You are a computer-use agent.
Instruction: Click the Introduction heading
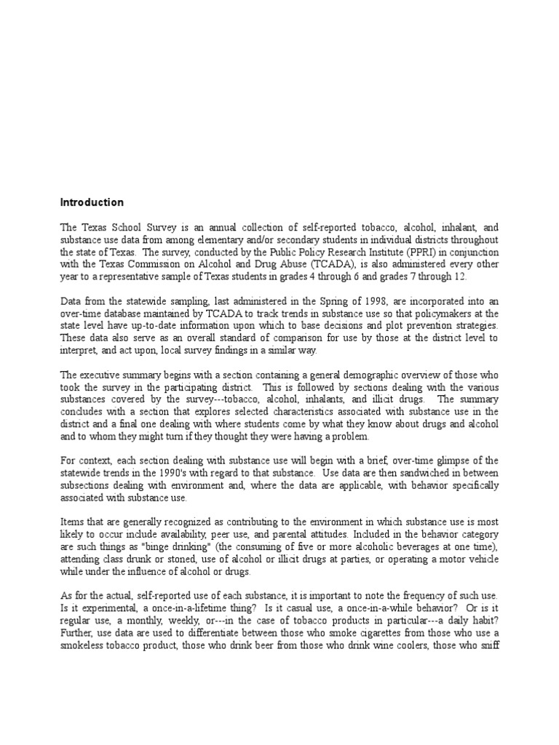92,202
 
